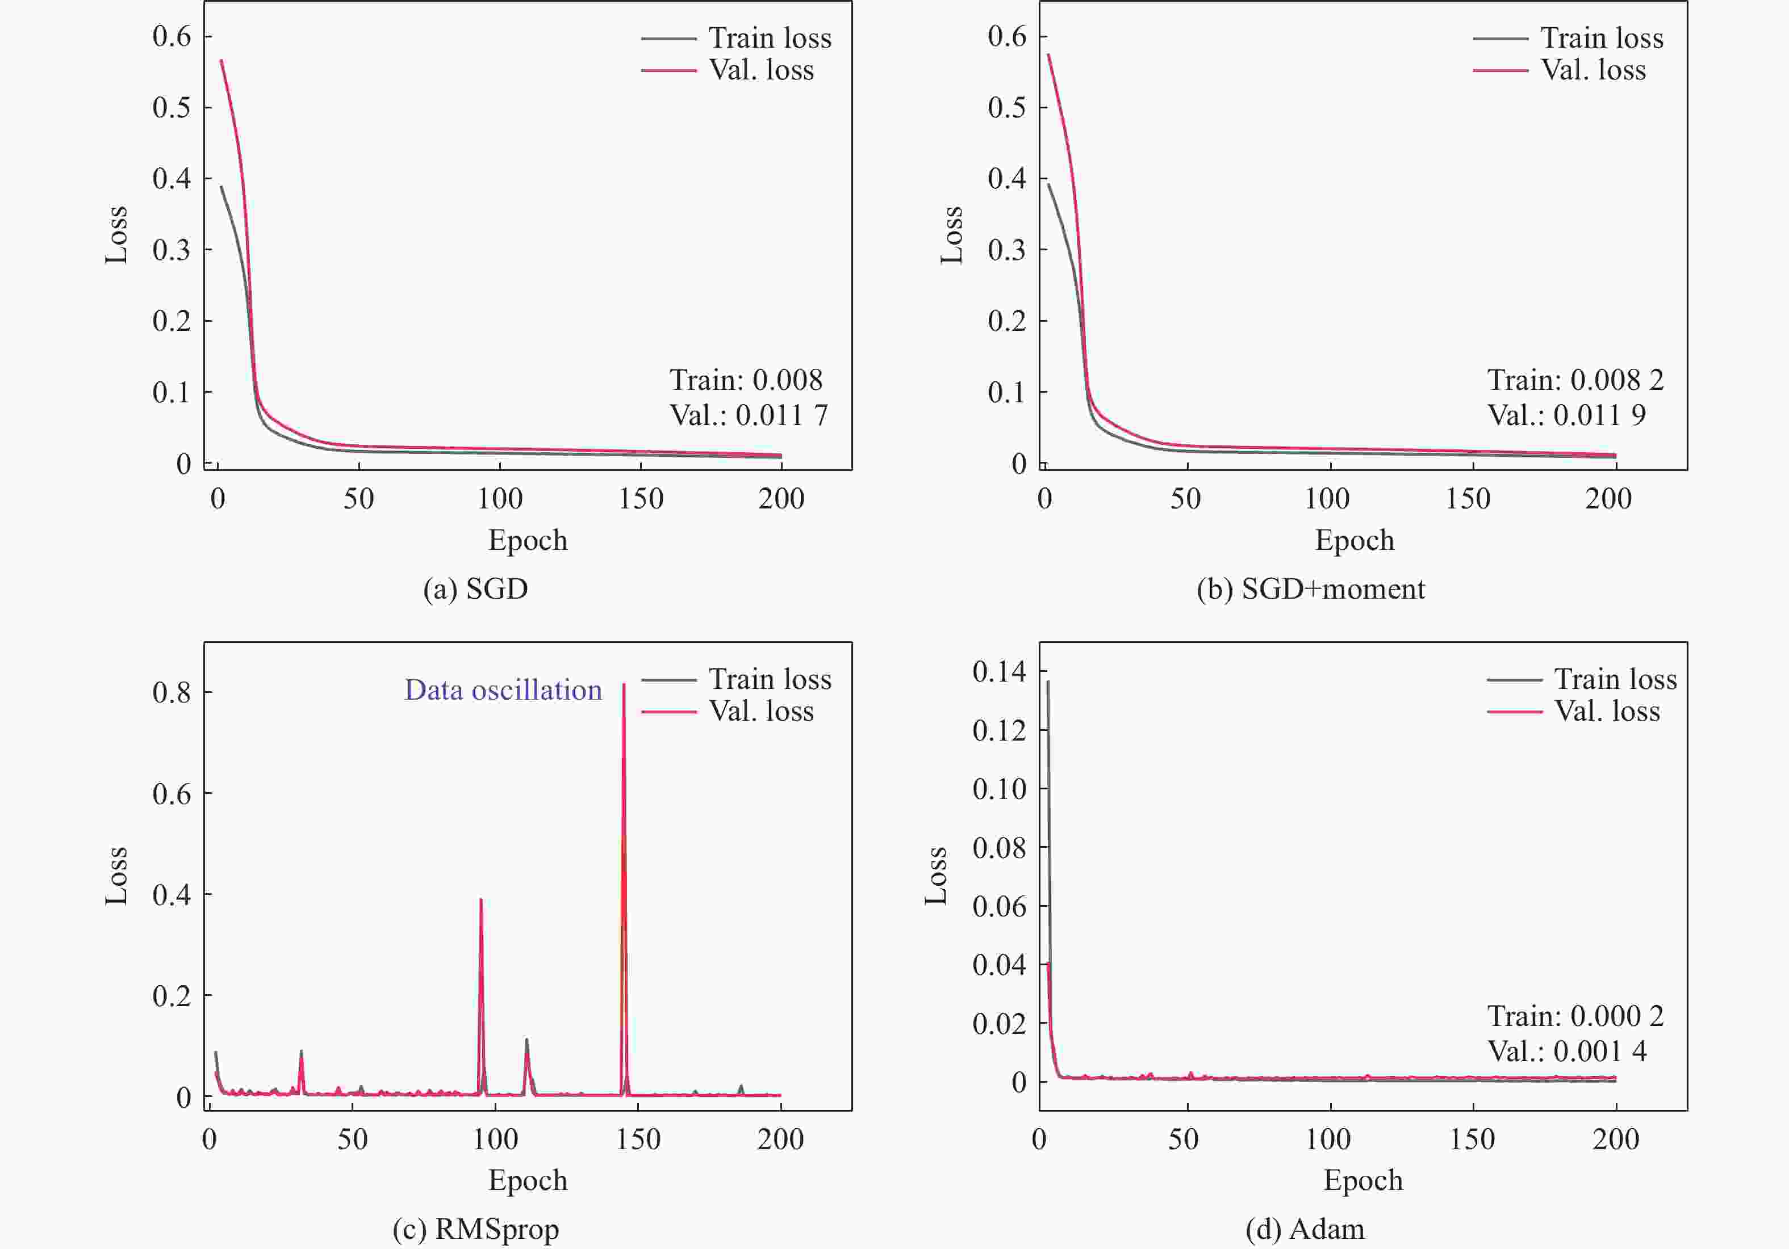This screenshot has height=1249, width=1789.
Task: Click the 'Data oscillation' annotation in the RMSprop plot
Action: [x=503, y=690]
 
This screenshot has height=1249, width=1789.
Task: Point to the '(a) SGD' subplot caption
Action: [x=475, y=588]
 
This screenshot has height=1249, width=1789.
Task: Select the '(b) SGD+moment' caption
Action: [x=1311, y=588]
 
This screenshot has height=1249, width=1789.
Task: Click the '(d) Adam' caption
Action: [x=1305, y=1229]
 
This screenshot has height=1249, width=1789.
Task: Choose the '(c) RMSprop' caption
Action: [x=475, y=1229]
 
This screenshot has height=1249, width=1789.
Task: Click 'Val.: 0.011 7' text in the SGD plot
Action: [x=748, y=415]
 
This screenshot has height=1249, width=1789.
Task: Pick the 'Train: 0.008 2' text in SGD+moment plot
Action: [x=1575, y=380]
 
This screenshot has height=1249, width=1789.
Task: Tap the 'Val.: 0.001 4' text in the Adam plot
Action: [x=1567, y=1051]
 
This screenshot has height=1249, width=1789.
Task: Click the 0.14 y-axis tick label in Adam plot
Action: [x=1000, y=671]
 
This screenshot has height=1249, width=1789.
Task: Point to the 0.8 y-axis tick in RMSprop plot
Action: [x=172, y=692]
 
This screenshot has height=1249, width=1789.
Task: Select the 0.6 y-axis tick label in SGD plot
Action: [x=172, y=36]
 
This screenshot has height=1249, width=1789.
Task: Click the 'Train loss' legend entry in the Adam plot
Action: [x=1582, y=679]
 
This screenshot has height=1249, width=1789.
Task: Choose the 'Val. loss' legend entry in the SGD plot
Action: [x=727, y=70]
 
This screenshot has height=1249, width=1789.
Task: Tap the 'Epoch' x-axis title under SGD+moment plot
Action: [x=1355, y=540]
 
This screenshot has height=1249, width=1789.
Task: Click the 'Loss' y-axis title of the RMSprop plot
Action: [x=116, y=876]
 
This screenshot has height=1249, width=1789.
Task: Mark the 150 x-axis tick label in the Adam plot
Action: [x=1472, y=1139]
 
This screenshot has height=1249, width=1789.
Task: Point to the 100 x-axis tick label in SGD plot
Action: [x=499, y=498]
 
